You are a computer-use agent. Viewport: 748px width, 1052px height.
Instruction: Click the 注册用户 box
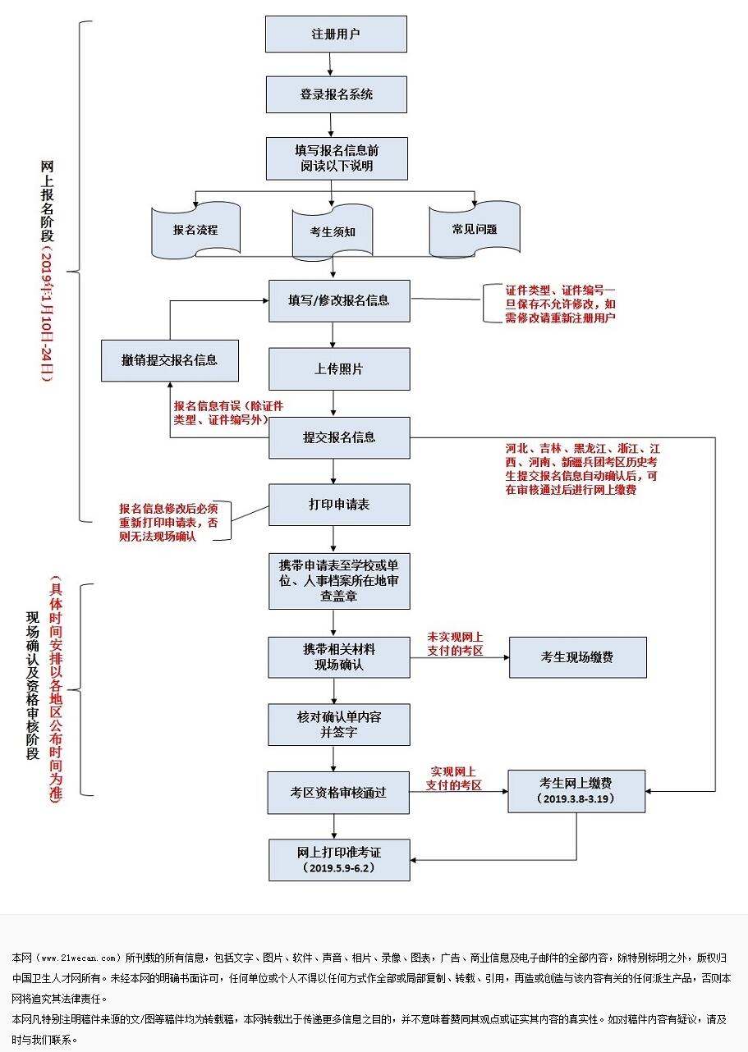(336, 34)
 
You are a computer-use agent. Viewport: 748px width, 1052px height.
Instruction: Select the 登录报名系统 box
(336, 94)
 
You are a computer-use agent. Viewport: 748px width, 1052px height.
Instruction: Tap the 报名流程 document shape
(195, 230)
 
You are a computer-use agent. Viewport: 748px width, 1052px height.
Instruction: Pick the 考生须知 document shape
(333, 232)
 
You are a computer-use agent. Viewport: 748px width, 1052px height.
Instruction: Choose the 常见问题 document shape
(474, 229)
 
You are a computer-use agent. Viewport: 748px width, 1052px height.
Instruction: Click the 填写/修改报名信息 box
(338, 300)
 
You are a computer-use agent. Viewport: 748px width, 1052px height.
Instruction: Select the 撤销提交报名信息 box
(169, 360)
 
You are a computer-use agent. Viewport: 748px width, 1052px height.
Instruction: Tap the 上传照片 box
(338, 369)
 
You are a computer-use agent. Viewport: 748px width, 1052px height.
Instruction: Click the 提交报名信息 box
(338, 437)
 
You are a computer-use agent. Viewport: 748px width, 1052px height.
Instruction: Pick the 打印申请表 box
(338, 504)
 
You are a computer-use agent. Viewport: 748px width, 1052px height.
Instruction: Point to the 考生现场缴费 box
(576, 657)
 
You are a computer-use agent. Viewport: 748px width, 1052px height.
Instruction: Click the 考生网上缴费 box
(576, 791)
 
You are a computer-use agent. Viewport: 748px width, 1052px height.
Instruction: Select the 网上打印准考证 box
(338, 859)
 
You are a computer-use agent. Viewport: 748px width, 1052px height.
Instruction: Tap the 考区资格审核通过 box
(338, 793)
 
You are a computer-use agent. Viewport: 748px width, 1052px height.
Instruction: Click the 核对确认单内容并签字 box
(338, 725)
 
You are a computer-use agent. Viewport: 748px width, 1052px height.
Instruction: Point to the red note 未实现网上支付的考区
(454, 643)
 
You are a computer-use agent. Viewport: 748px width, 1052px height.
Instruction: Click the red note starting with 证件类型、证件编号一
(560, 304)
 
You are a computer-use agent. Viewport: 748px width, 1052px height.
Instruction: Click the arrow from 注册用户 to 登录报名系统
(329, 65)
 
